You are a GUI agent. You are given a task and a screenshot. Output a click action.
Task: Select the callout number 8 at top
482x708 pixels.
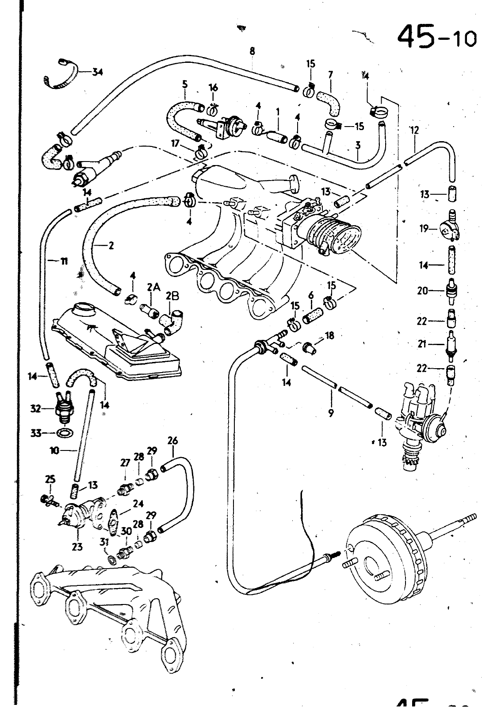[x=252, y=51]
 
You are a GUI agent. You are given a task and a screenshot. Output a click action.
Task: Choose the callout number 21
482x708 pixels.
[x=422, y=343]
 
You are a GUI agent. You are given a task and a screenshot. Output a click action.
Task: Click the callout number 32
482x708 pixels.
[x=35, y=408]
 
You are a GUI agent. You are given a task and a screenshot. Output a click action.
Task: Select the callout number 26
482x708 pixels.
[x=172, y=441]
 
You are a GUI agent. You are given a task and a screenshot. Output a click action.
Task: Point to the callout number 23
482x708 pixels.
[x=77, y=547]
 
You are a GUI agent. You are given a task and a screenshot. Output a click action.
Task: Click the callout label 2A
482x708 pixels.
[x=153, y=288]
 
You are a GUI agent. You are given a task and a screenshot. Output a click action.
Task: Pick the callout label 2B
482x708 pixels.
[x=172, y=296]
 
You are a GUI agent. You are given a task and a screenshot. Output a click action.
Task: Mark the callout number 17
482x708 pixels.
[x=176, y=144]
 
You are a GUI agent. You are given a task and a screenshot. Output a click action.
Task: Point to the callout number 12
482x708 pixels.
[x=414, y=130]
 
